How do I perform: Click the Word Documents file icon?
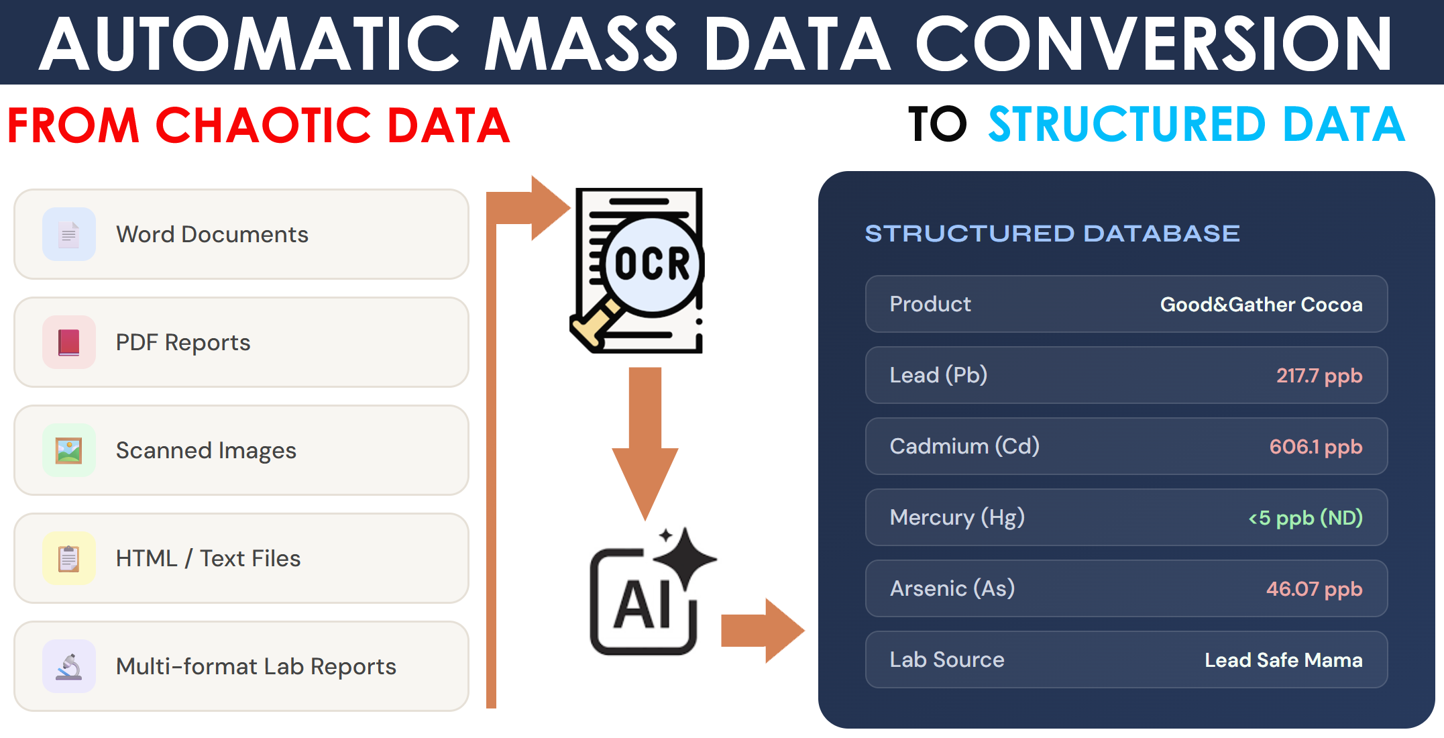[68, 235]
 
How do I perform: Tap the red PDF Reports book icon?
[68, 342]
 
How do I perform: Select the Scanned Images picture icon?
[68, 450]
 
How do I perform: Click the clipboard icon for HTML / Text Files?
[68, 558]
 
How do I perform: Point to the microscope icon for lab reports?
[68, 666]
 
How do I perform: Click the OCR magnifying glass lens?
[652, 265]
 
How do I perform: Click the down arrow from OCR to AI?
[645, 443]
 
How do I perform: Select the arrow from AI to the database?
[763, 631]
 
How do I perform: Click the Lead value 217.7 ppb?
[1319, 376]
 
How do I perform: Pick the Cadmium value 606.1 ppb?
[1316, 447]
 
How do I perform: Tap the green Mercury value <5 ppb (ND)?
[1305, 518]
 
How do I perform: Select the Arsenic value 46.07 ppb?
[1314, 589]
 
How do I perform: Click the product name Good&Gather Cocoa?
[1261, 305]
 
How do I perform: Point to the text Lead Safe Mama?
[1284, 660]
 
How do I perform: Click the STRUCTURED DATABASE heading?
[1052, 233]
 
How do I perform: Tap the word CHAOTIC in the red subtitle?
[263, 125]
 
